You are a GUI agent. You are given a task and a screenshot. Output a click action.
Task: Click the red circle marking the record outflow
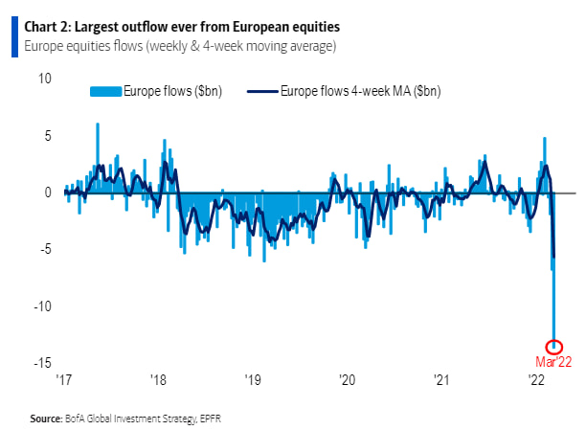[553, 347]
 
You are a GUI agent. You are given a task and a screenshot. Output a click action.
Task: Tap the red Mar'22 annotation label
[552, 362]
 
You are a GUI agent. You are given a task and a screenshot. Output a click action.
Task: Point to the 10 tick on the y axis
[45, 79]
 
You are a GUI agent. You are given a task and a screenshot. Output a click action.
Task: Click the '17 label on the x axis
[64, 380]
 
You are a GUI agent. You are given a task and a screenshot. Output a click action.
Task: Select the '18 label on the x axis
[157, 380]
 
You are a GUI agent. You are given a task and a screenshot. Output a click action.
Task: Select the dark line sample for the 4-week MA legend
[261, 91]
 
